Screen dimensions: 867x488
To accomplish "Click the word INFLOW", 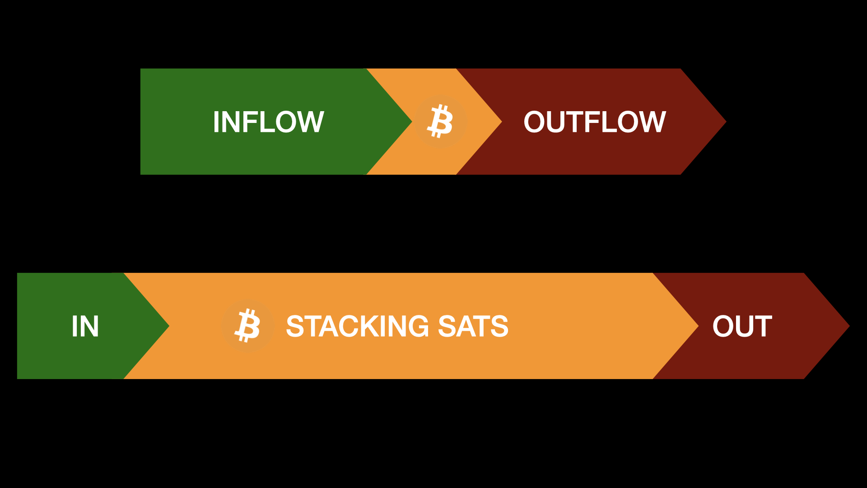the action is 268,122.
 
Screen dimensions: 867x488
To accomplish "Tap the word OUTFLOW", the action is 595,122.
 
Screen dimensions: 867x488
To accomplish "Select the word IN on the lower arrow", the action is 85,326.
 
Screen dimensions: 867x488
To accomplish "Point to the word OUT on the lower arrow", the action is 742,326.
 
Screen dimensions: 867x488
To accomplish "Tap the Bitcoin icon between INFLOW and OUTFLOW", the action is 440,122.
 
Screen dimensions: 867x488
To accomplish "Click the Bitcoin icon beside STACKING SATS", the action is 247,326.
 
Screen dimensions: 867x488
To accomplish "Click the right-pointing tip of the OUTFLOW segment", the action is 726,122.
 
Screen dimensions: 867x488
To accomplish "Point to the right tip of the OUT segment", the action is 849,326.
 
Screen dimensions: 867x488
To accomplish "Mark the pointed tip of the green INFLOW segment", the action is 411,122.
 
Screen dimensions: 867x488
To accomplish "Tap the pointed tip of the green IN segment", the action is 168,326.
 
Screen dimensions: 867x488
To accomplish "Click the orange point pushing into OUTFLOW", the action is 501,122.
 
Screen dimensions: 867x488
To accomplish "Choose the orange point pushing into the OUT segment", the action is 698,326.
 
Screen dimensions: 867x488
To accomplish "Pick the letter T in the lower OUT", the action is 762,326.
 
